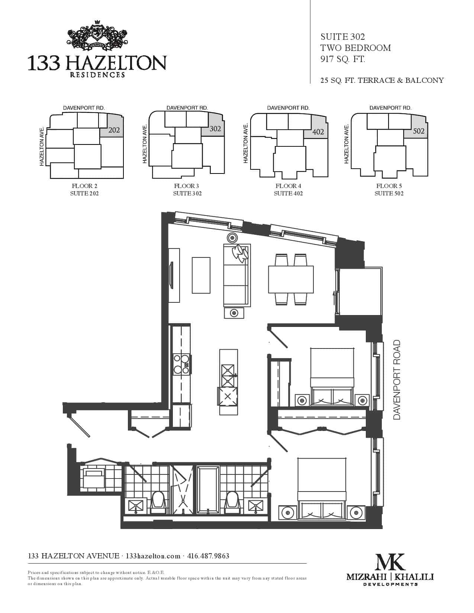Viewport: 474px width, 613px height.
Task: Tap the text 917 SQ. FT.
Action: tap(343, 59)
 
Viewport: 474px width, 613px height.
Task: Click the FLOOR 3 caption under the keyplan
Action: tap(186, 186)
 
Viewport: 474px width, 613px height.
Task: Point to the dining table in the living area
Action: tap(291, 279)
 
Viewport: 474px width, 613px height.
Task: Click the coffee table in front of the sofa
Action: tap(201, 275)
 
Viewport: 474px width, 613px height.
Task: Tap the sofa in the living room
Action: tap(237, 275)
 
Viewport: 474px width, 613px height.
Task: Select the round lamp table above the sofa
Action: tap(232, 238)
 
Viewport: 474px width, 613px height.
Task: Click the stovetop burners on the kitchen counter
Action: tap(181, 364)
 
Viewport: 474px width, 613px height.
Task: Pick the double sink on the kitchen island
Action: tap(228, 376)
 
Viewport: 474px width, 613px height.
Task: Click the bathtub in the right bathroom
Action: tap(208, 490)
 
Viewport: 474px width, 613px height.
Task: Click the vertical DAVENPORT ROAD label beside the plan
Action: tap(397, 380)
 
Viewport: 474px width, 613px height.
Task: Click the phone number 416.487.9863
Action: tap(208, 556)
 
